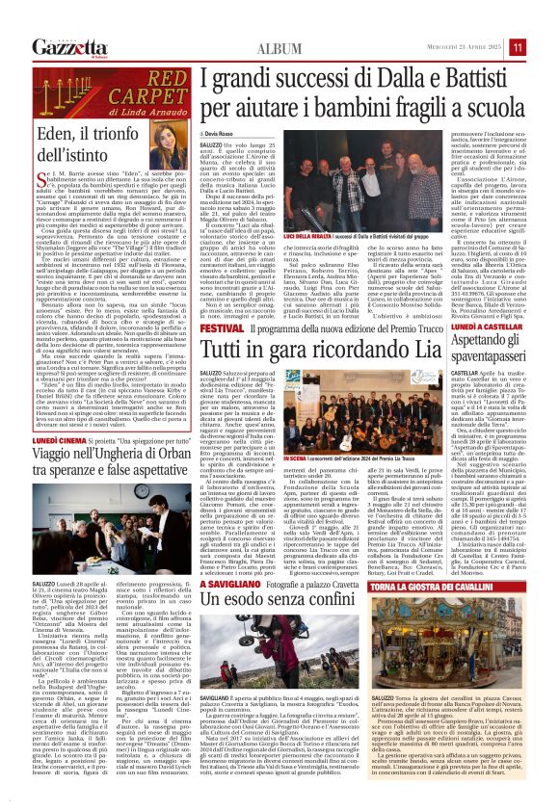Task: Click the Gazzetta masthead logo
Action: pos(68,46)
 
